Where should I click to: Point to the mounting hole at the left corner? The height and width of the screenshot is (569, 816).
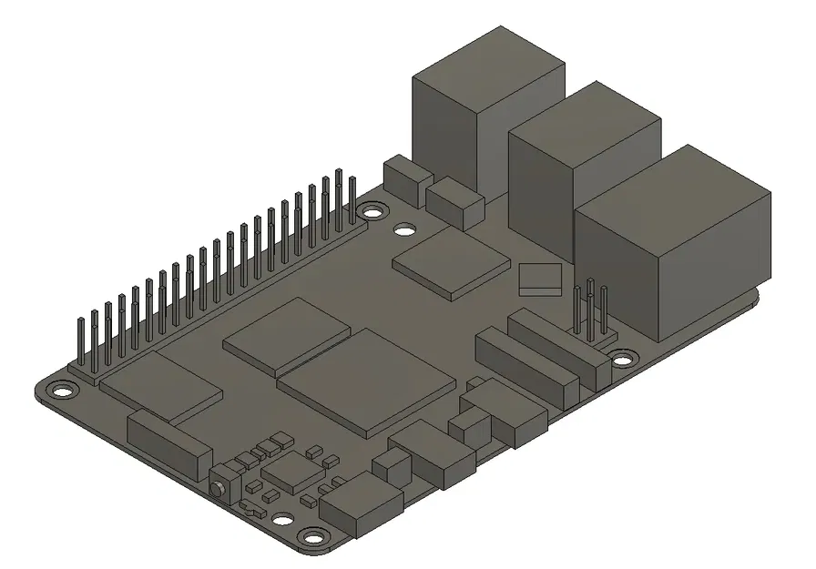coord(61,393)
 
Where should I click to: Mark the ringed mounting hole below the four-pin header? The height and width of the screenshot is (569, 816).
coord(621,359)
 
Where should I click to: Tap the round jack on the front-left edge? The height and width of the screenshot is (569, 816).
coord(220,487)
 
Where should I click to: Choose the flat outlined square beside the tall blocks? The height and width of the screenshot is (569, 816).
coord(537,278)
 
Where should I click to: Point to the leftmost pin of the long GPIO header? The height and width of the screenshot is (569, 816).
coord(81,343)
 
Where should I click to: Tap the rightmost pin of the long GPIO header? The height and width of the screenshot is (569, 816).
coord(352,198)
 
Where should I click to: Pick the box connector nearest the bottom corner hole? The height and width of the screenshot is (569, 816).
coord(362,506)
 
